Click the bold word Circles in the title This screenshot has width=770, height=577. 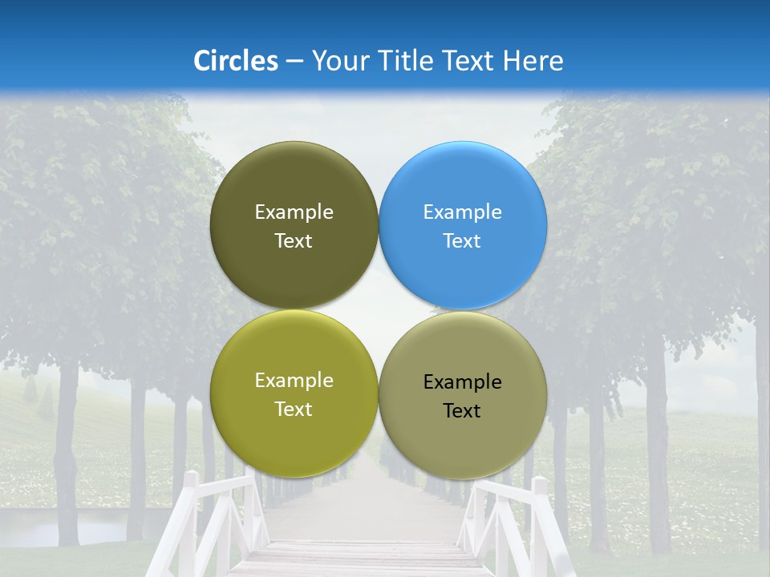(236, 61)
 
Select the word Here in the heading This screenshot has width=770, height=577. (533, 61)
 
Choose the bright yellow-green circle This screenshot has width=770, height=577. (294, 433)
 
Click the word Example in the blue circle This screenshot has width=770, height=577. (463, 212)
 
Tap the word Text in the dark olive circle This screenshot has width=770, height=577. (294, 241)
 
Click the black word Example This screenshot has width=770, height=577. (463, 382)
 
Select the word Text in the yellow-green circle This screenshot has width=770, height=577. (294, 410)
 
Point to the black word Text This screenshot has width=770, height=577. (463, 411)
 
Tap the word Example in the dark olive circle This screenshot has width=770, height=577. (294, 212)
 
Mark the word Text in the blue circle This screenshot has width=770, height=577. (463, 241)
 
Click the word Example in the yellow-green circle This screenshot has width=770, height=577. (294, 381)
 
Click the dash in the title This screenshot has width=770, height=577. (294, 62)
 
